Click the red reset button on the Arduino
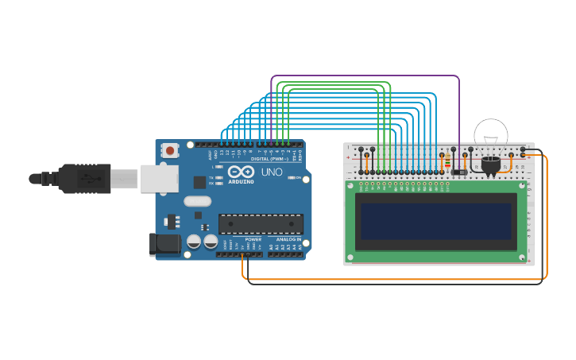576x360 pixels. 170,149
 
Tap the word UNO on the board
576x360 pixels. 272,172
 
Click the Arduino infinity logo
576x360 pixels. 241,172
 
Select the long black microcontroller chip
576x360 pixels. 261,224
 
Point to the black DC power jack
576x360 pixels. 164,245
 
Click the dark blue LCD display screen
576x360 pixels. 435,221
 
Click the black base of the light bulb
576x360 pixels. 491,165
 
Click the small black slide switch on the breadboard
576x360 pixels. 459,172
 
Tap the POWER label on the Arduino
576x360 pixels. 253,239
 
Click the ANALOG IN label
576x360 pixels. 288,239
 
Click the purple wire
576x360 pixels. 365,76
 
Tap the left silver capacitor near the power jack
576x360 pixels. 194,242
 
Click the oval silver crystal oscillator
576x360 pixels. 197,201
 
